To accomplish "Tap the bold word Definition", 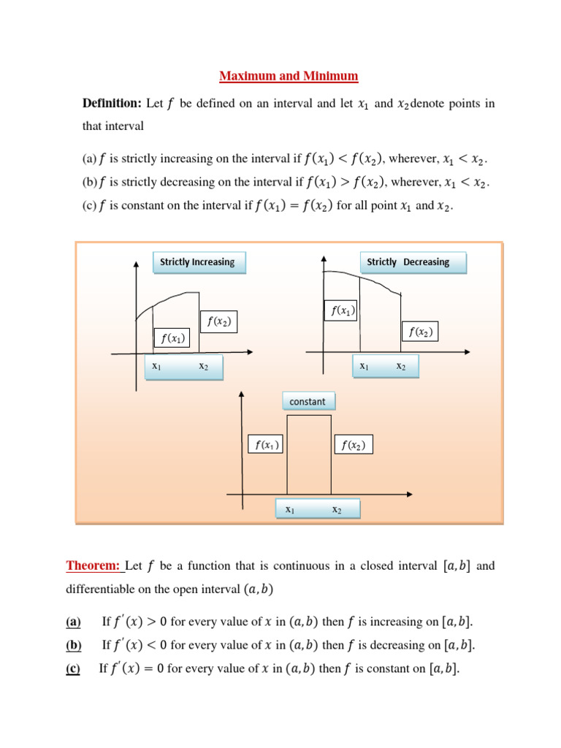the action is [111, 104].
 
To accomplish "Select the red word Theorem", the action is [93, 566].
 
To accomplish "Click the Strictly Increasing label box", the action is [199, 262].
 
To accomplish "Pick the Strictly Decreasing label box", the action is [413, 262].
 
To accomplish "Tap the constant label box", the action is [308, 402].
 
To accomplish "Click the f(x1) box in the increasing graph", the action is [172, 338].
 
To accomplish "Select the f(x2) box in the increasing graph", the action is [219, 321].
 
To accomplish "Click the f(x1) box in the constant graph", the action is [266, 445].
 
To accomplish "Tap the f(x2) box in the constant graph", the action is [353, 445].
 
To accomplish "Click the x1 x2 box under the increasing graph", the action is [183, 367].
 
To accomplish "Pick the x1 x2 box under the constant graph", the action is [317, 509].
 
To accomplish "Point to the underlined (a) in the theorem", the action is [73, 622].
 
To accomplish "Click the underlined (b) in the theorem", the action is [74, 646].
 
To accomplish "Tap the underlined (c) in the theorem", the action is [73, 669].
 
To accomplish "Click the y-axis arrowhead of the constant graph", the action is [242, 395].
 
